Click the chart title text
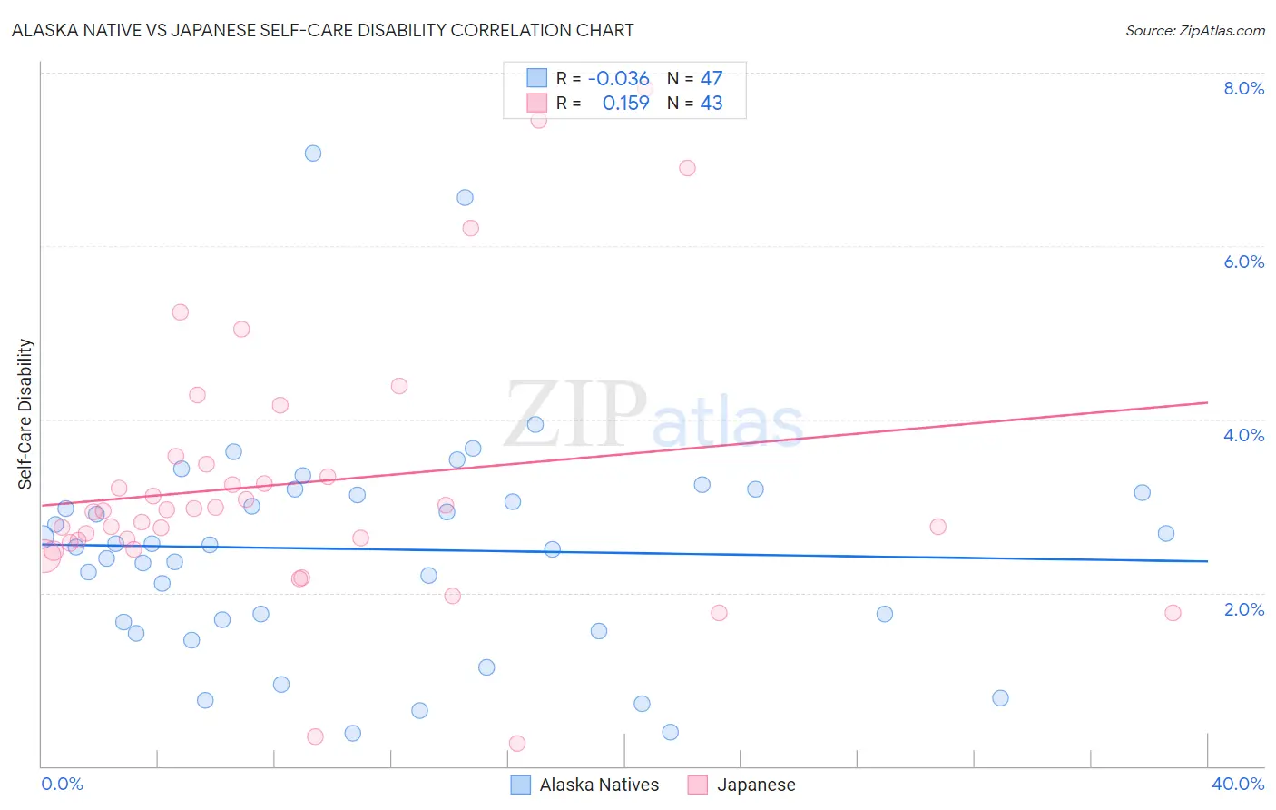(x=323, y=30)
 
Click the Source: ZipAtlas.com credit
(x=1194, y=30)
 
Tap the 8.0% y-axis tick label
(x=1243, y=88)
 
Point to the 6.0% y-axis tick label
(x=1243, y=262)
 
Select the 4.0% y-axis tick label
(x=1243, y=435)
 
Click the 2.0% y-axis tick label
(x=1243, y=609)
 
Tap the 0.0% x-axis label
(x=62, y=784)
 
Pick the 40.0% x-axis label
(x=1237, y=784)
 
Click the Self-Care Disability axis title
(x=25, y=414)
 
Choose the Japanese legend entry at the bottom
(x=756, y=785)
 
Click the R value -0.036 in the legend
(x=619, y=78)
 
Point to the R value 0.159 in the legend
(x=626, y=103)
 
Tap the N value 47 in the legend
(x=712, y=78)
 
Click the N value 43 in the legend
(x=712, y=103)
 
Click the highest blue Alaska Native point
(x=313, y=153)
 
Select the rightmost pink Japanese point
(x=1173, y=613)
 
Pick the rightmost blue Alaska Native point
(x=1166, y=533)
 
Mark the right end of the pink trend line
(x=1207, y=402)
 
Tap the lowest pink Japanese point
(x=517, y=744)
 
